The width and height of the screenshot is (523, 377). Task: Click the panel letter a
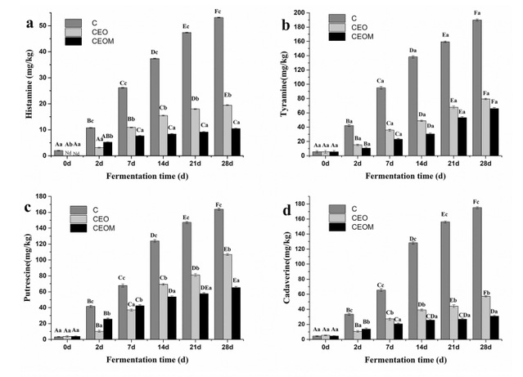tap(30, 24)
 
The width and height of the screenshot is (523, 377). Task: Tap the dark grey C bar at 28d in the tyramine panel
tap(476, 88)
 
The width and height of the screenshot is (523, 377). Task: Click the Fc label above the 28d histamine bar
tap(219, 11)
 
